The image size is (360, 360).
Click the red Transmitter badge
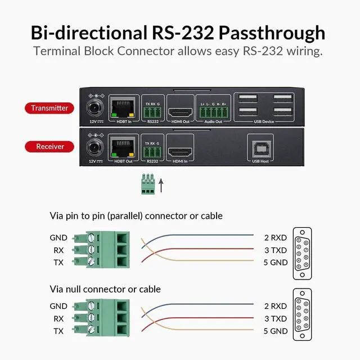coord(49,107)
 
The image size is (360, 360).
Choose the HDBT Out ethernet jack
coord(123,147)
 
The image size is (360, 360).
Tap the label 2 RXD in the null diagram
coord(275,306)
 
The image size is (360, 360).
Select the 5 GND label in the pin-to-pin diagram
coord(275,262)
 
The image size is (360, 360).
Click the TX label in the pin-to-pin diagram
coord(58,263)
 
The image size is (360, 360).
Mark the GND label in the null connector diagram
coord(58,307)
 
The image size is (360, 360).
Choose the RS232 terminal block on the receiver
coord(152,150)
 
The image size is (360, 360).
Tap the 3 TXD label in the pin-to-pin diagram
coord(275,250)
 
